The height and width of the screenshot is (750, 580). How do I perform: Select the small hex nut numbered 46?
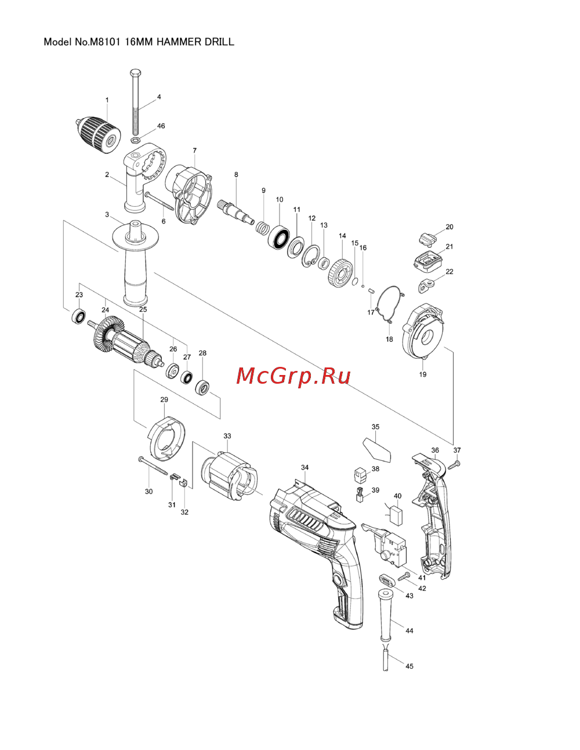[x=136, y=140]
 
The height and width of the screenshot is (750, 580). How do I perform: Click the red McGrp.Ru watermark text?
[x=293, y=376]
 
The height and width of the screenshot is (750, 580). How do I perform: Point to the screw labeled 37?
[x=456, y=464]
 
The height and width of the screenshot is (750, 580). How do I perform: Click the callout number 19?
[x=423, y=374]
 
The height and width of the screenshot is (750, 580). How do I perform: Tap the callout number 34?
[x=305, y=467]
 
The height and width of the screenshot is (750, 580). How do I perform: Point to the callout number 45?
[x=409, y=666]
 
